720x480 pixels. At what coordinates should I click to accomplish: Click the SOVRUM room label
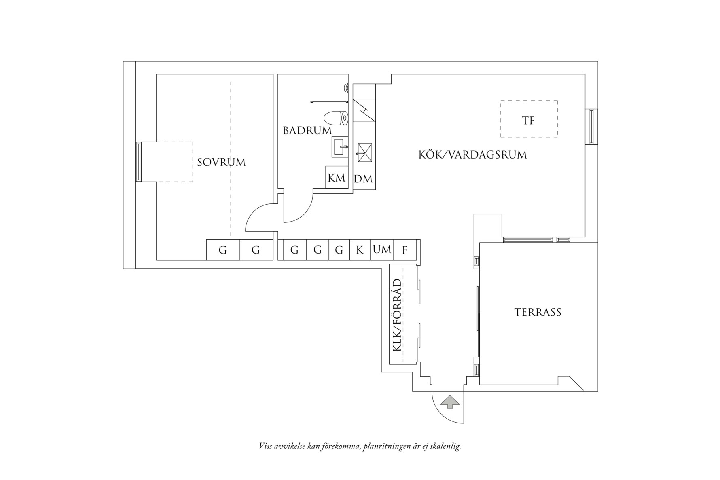(x=221, y=162)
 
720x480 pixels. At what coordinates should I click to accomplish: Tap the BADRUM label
(x=307, y=131)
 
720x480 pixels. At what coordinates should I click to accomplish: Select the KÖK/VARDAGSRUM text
(x=472, y=154)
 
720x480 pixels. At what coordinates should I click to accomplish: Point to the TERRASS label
(x=538, y=312)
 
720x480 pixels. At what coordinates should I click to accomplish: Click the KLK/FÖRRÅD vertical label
(x=397, y=315)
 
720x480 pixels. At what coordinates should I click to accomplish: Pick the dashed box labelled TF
(x=529, y=119)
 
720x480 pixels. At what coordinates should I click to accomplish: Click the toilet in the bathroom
(x=336, y=118)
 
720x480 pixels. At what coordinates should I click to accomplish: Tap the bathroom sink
(x=340, y=146)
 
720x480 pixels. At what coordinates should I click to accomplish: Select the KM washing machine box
(x=337, y=178)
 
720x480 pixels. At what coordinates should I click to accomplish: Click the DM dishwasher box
(x=363, y=178)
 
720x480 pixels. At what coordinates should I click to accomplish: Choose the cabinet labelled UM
(x=382, y=250)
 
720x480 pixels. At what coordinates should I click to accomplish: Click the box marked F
(x=404, y=250)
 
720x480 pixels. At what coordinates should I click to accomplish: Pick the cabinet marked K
(x=360, y=250)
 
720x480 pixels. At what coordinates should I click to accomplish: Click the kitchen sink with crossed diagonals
(x=365, y=152)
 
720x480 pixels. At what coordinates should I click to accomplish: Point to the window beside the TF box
(x=592, y=127)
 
